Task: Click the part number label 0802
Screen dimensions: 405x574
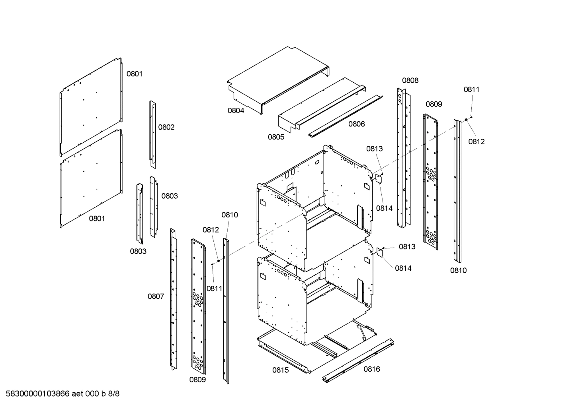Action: [x=166, y=127]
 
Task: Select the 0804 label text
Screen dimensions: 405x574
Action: [x=236, y=111]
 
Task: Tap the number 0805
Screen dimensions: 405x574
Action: [x=276, y=137]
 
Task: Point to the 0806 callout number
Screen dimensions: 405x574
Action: [x=357, y=124]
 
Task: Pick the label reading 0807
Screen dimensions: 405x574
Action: [x=156, y=296]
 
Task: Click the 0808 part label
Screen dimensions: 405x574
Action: [x=410, y=80]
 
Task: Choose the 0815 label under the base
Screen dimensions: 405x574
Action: [x=281, y=370]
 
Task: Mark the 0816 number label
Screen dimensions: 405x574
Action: [x=371, y=369]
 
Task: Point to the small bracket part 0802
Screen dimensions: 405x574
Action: [x=152, y=133]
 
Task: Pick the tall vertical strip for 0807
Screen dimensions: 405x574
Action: [x=173, y=298]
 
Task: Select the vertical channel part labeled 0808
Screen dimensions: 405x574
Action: [x=403, y=159]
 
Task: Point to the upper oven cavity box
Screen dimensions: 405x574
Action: [x=314, y=207]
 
